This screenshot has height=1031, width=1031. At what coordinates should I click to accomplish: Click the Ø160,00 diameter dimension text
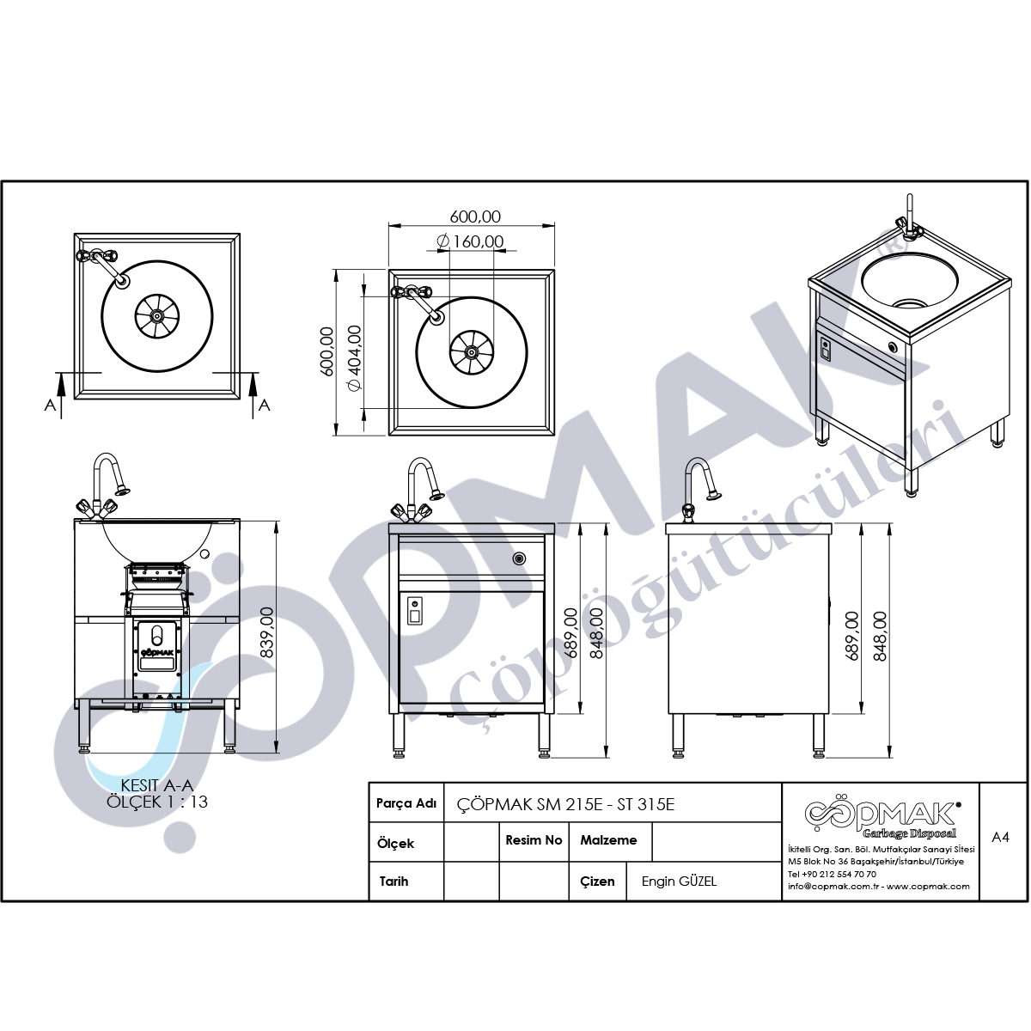click(470, 241)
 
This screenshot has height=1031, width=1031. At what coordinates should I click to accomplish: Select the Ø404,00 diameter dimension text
click(355, 358)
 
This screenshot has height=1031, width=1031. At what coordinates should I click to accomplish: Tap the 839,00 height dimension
click(265, 632)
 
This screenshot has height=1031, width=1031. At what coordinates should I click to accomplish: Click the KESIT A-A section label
click(156, 785)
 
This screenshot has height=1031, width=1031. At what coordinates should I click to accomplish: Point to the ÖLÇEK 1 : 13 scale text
click(156, 802)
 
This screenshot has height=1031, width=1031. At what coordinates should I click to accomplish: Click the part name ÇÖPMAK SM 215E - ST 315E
click(565, 805)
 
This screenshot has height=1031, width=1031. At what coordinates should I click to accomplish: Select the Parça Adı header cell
click(406, 803)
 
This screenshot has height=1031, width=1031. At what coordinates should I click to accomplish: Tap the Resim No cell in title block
click(534, 840)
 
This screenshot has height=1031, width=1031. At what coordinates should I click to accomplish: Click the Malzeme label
click(608, 840)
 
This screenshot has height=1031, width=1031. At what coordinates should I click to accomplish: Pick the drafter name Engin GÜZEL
click(679, 882)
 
